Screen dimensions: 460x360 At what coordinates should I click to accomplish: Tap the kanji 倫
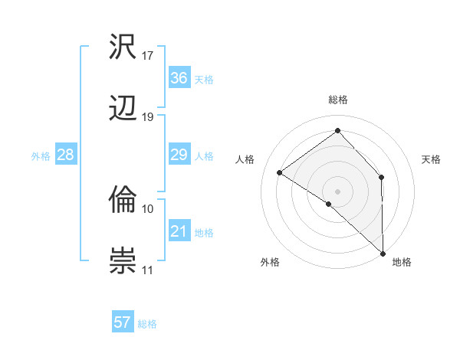point(123,200)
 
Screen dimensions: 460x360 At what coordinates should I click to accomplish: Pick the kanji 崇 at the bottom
point(123,261)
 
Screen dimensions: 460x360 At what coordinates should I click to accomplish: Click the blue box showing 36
point(179,78)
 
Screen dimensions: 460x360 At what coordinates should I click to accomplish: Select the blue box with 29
point(179,155)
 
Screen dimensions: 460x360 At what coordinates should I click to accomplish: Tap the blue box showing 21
point(179,231)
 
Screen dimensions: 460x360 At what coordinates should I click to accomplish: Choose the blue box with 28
point(65,155)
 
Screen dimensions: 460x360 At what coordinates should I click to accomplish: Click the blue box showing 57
point(123,322)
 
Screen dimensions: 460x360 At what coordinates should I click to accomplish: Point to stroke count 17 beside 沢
point(148,56)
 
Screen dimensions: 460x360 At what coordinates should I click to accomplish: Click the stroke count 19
point(148,117)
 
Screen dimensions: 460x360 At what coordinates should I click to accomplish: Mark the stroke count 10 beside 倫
point(148,208)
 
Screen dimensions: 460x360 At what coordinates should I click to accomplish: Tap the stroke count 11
point(148,270)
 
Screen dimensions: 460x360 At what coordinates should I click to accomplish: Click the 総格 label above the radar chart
point(337,100)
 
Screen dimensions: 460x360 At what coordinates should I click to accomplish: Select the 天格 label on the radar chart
point(431,159)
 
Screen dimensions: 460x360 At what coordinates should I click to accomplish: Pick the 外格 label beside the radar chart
point(270,262)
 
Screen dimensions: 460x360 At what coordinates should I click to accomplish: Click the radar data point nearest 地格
point(383,253)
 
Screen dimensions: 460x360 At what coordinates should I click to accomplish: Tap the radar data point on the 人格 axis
point(280,172)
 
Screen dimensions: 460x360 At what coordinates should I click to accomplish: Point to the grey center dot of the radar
point(337,191)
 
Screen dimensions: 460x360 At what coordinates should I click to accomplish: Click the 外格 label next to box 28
point(41,155)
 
